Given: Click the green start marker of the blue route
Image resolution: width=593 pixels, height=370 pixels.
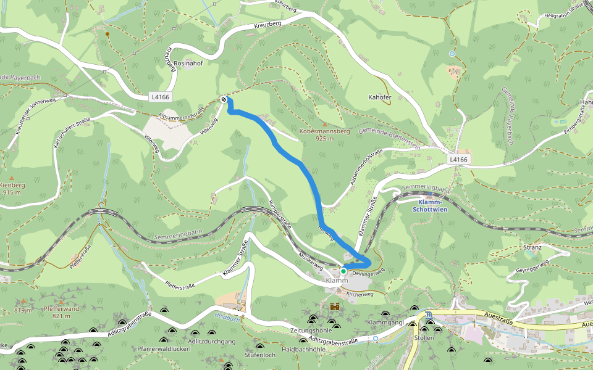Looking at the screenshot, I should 343,270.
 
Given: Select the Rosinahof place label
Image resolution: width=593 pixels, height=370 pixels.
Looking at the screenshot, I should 188,63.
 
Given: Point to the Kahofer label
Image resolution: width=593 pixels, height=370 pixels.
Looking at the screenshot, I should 380,97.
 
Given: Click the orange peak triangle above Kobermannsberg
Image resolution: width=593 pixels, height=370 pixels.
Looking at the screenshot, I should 325,125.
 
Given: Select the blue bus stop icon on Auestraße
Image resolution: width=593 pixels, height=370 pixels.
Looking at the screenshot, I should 429,315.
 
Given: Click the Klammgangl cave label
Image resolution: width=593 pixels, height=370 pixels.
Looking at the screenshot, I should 384,323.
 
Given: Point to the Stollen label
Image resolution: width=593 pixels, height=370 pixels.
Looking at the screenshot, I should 424,338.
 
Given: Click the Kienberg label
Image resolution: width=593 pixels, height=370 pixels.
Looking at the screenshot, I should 12,185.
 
